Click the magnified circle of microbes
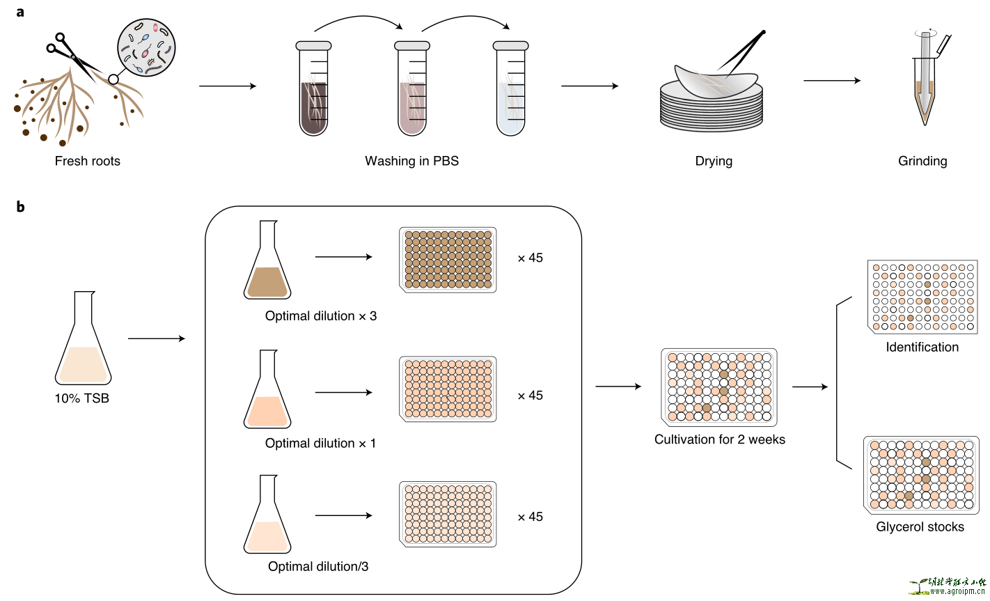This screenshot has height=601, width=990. point(146,47)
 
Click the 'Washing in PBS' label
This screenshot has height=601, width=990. point(411,161)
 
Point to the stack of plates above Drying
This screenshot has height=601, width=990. point(711,104)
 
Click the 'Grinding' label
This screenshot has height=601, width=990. point(922,161)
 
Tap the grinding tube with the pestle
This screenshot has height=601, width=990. point(925,80)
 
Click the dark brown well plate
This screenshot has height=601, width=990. point(448,260)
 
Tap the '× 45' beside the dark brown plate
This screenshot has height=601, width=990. point(531,258)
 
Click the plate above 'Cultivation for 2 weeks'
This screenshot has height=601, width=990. point(718,387)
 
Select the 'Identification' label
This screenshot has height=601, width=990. point(922,347)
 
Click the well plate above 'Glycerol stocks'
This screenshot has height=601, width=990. point(921,474)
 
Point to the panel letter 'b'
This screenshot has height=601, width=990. point(21,207)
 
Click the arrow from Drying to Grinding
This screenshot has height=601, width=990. point(832,81)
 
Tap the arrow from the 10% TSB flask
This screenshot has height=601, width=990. point(157,339)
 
